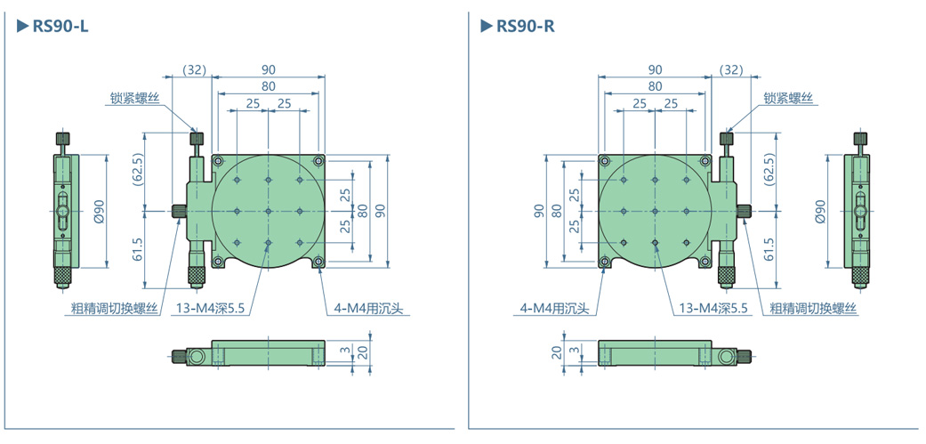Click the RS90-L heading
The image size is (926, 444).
pos(60,26)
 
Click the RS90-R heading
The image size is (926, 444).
pos(525,26)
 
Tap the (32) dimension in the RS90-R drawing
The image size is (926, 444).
pos(731,69)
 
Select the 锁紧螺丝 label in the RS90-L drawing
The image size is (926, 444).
pos(134,99)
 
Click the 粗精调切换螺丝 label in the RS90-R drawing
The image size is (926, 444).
pos(813,309)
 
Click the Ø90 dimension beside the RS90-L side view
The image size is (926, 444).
pos(100,211)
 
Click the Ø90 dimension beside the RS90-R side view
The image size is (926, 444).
pos(821,211)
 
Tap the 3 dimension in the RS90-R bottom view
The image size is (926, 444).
pos(574,351)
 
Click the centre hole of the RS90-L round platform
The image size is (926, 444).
pos(268,212)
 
